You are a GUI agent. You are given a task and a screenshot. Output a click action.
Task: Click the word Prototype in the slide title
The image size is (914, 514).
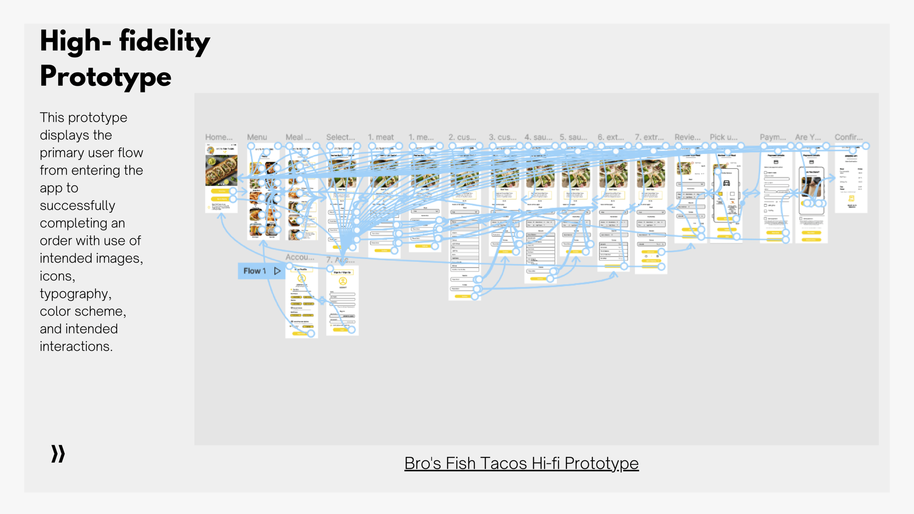tap(105, 76)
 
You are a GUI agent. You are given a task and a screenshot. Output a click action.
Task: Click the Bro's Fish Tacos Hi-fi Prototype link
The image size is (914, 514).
tap(521, 464)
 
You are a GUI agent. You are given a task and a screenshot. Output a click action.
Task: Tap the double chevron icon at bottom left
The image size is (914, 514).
tap(58, 454)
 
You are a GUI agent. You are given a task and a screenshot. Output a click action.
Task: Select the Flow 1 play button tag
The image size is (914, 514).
tap(261, 271)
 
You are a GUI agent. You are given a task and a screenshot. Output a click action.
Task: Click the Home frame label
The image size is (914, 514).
tap(219, 137)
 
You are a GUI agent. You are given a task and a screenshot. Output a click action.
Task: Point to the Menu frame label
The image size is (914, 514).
tap(257, 137)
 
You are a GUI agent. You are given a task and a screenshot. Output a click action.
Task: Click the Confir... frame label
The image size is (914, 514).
tap(848, 137)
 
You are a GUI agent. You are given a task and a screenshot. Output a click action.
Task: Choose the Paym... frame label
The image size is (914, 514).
tap(773, 137)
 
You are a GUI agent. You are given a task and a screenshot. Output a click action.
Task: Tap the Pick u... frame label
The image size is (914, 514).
tap(724, 137)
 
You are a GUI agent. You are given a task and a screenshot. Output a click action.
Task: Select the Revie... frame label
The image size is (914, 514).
tap(687, 137)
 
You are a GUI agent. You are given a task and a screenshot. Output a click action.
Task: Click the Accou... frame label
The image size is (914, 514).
tap(299, 257)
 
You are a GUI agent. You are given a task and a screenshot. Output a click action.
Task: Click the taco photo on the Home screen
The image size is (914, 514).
tap(221, 170)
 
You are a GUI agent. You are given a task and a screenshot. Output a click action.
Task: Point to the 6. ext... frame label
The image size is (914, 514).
tap(611, 137)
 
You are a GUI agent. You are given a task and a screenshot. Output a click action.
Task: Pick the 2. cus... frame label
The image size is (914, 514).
tap(462, 137)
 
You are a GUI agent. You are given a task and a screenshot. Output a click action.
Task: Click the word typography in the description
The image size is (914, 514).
tap(75, 294)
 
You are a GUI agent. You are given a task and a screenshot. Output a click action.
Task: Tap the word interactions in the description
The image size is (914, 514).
tap(76, 347)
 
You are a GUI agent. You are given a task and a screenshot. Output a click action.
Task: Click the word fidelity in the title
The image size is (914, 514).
tap(164, 41)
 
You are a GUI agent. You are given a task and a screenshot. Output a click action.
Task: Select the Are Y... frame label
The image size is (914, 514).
tap(808, 137)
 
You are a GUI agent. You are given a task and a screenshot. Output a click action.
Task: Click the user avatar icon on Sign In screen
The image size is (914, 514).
tap(343, 281)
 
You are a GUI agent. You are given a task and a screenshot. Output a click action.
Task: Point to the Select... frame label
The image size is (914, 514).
tap(340, 137)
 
